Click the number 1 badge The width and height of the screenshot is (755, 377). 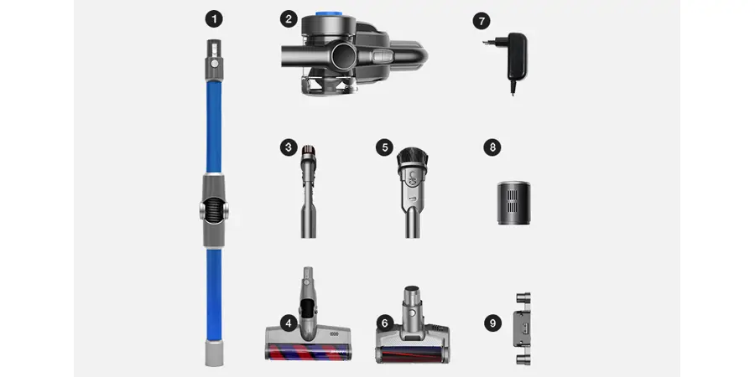click(x=214, y=20)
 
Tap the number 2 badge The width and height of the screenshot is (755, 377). click(x=289, y=20)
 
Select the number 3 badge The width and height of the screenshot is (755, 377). click(x=289, y=147)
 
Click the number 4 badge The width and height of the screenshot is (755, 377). click(x=289, y=323)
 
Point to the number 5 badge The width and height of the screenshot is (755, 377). click(x=384, y=147)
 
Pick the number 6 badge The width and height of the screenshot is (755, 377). click(x=384, y=323)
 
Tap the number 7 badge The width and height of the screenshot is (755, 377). click(x=482, y=21)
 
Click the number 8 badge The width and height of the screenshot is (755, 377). click(x=492, y=147)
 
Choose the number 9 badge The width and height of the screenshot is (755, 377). click(x=492, y=323)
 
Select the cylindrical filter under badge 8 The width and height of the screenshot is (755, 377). click(x=513, y=203)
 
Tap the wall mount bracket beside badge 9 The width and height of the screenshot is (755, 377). click(x=523, y=329)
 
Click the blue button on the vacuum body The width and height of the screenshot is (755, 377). click(x=330, y=14)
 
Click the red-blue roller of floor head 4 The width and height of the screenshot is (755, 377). click(x=308, y=352)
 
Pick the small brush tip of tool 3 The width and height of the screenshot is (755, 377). click(x=308, y=153)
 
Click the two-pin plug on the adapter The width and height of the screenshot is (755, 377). click(x=488, y=43)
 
